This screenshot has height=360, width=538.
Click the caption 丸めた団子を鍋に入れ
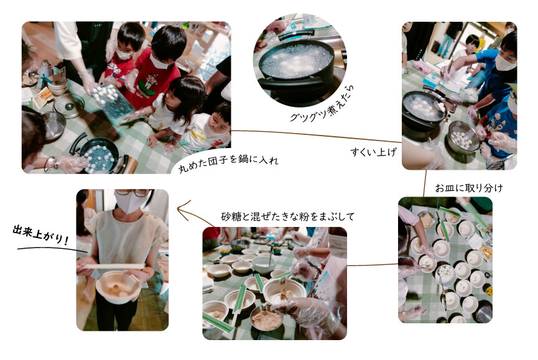[x=228, y=164]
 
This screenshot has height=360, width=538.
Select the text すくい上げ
[x=374, y=152]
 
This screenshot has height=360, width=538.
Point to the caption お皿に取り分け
[x=469, y=188]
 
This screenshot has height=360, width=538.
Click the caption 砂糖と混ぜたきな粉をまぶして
[x=287, y=217]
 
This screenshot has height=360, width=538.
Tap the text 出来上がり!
[x=41, y=235]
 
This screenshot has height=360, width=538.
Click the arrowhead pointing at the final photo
[x=183, y=210]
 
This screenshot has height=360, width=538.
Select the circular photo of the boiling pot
[x=300, y=60]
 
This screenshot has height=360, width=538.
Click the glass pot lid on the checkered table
[x=68, y=105]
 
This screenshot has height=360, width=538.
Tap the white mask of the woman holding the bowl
[x=129, y=202]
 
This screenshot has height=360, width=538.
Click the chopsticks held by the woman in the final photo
[x=114, y=266]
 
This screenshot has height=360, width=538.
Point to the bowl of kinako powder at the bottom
[x=266, y=318]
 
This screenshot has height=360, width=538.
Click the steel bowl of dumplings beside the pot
[x=464, y=137]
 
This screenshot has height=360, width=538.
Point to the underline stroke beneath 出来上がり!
[x=52, y=249]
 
